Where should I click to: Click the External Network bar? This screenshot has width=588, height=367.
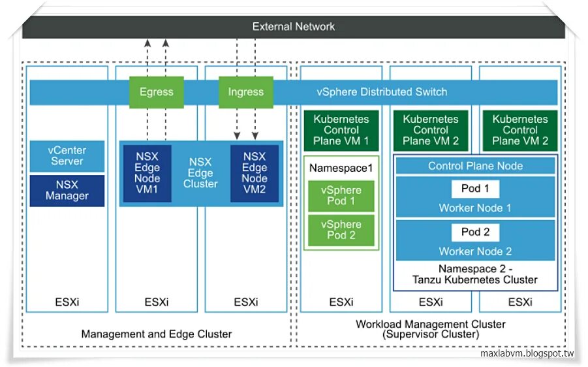click(x=294, y=27)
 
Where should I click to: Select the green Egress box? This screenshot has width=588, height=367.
click(x=156, y=91)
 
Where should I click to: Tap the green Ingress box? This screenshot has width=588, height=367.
click(x=245, y=91)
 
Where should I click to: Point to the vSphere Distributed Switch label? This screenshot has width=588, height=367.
click(x=382, y=92)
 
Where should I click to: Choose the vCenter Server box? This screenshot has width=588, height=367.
click(x=67, y=156)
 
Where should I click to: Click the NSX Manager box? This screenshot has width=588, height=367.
click(x=67, y=190)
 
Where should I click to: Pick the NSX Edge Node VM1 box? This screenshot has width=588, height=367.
click(x=147, y=173)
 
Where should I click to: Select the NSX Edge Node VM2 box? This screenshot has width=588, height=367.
click(x=255, y=173)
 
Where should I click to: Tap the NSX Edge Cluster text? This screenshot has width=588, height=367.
click(x=200, y=173)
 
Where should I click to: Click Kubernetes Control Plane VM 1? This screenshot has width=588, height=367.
click(x=341, y=130)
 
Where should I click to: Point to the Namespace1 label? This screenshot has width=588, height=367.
click(x=341, y=168)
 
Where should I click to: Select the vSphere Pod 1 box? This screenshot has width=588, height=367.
click(x=341, y=195)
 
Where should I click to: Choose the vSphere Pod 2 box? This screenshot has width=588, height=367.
click(x=341, y=229)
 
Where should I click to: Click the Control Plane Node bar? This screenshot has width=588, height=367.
click(x=475, y=166)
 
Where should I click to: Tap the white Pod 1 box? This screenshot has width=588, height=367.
click(x=475, y=189)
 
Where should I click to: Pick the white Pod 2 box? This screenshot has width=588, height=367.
click(x=475, y=232)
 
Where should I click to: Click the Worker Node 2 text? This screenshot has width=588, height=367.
click(x=475, y=251)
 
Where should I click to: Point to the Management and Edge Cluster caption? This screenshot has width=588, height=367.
click(x=157, y=334)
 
